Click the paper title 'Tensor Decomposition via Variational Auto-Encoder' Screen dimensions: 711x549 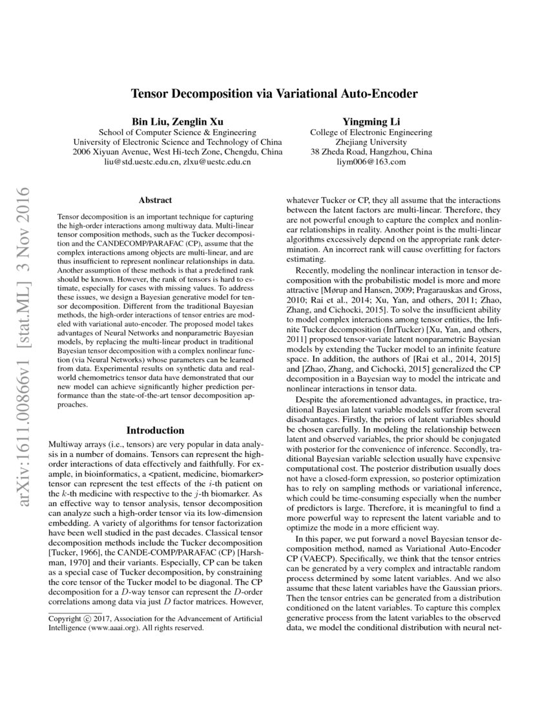[x=274, y=93]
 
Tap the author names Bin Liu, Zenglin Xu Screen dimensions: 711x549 [x=177, y=120]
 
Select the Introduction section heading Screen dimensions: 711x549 [x=155, y=430]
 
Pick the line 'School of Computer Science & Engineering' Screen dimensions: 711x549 [x=177, y=131]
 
